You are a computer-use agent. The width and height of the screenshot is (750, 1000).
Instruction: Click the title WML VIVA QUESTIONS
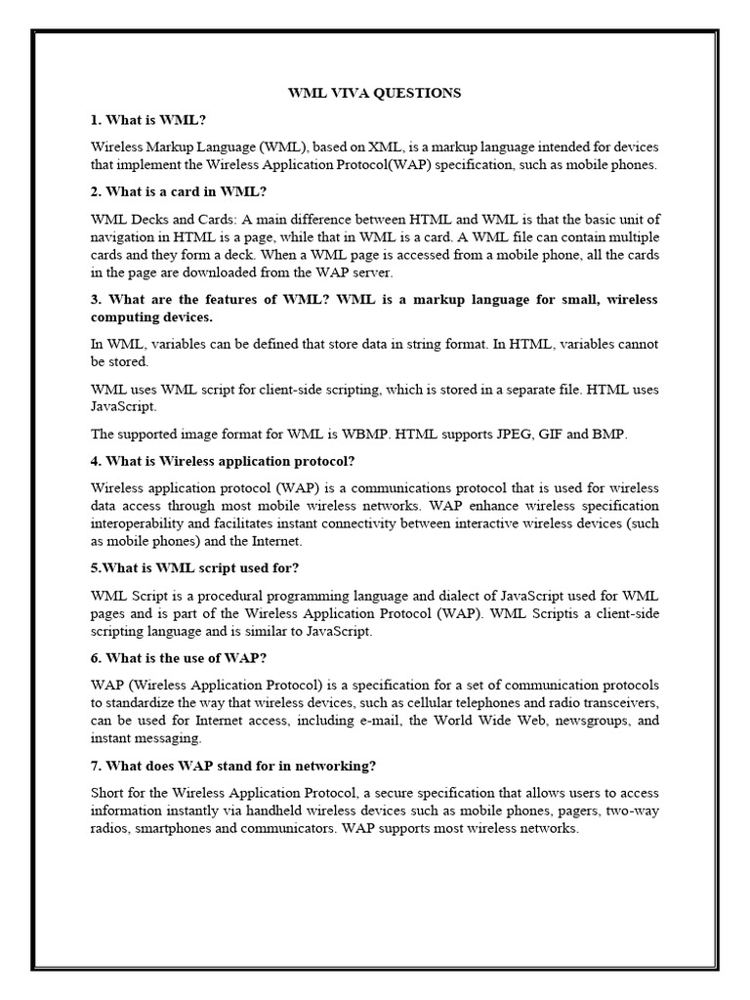(373, 93)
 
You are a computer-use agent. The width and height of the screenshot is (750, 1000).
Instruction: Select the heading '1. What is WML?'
(148, 119)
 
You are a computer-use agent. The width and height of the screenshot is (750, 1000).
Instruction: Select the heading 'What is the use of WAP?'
(179, 658)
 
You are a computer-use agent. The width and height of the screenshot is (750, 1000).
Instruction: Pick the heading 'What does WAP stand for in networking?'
(235, 766)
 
